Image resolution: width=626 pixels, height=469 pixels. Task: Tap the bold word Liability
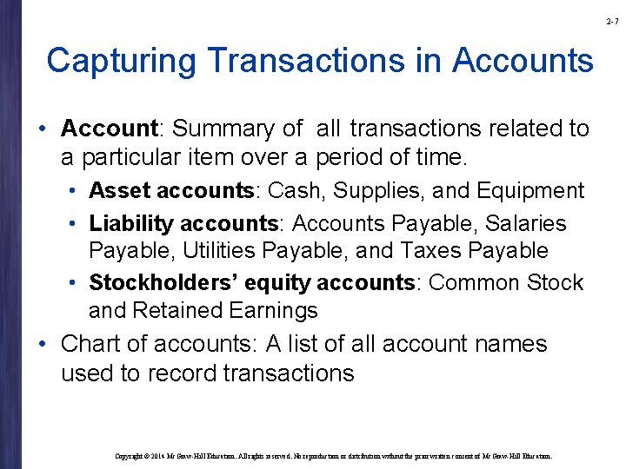pyautogui.click(x=130, y=224)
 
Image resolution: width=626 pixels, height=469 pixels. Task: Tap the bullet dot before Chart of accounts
pyautogui.click(x=43, y=345)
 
